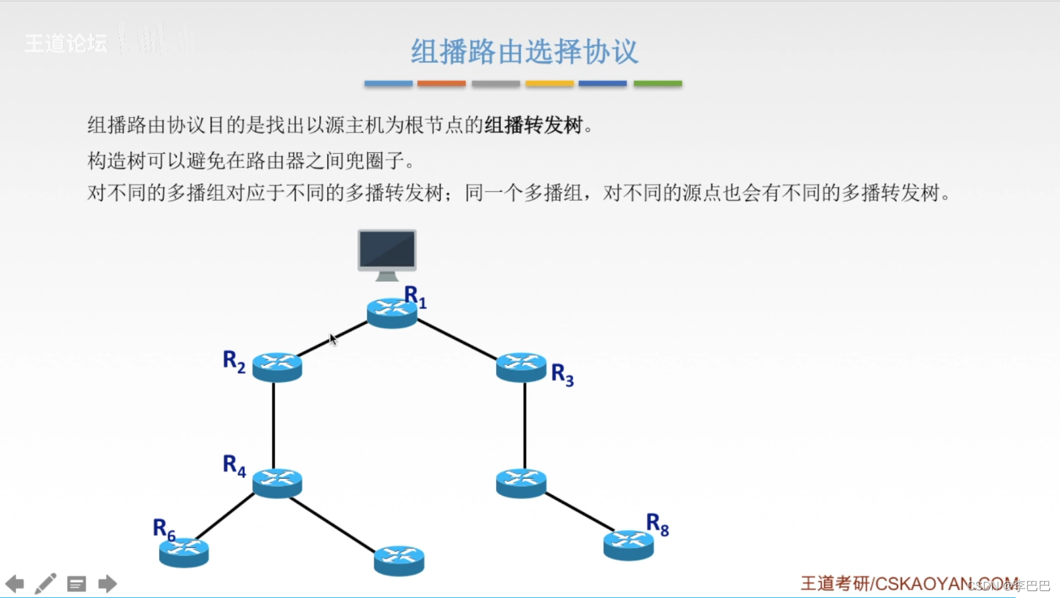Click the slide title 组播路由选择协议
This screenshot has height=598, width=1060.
pyautogui.click(x=524, y=51)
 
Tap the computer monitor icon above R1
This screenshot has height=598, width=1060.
pyautogui.click(x=387, y=253)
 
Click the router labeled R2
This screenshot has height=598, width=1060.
pyautogui.click(x=277, y=367)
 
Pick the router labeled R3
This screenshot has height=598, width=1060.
pyautogui.click(x=521, y=367)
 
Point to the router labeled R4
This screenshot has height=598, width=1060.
pyautogui.click(x=277, y=482)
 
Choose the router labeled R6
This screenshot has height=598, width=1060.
pyautogui.click(x=184, y=552)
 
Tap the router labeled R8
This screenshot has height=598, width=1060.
pyautogui.click(x=628, y=545)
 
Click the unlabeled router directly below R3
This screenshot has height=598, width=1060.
pyautogui.click(x=521, y=482)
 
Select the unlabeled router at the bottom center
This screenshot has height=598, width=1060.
pyautogui.click(x=399, y=561)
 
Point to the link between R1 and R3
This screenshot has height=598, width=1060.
pyautogui.click(x=457, y=340)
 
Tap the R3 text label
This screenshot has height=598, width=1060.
pyautogui.click(x=562, y=375)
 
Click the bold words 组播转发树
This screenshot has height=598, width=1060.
pyautogui.click(x=533, y=125)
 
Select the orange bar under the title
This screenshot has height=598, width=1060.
pyautogui.click(x=442, y=83)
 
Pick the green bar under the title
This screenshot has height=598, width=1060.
pyautogui.click(x=658, y=83)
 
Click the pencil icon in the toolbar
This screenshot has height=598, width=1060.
pyautogui.click(x=45, y=583)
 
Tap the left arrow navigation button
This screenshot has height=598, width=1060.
pyautogui.click(x=15, y=583)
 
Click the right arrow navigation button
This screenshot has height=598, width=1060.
pyautogui.click(x=107, y=583)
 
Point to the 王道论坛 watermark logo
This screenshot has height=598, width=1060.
pyautogui.click(x=66, y=43)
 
